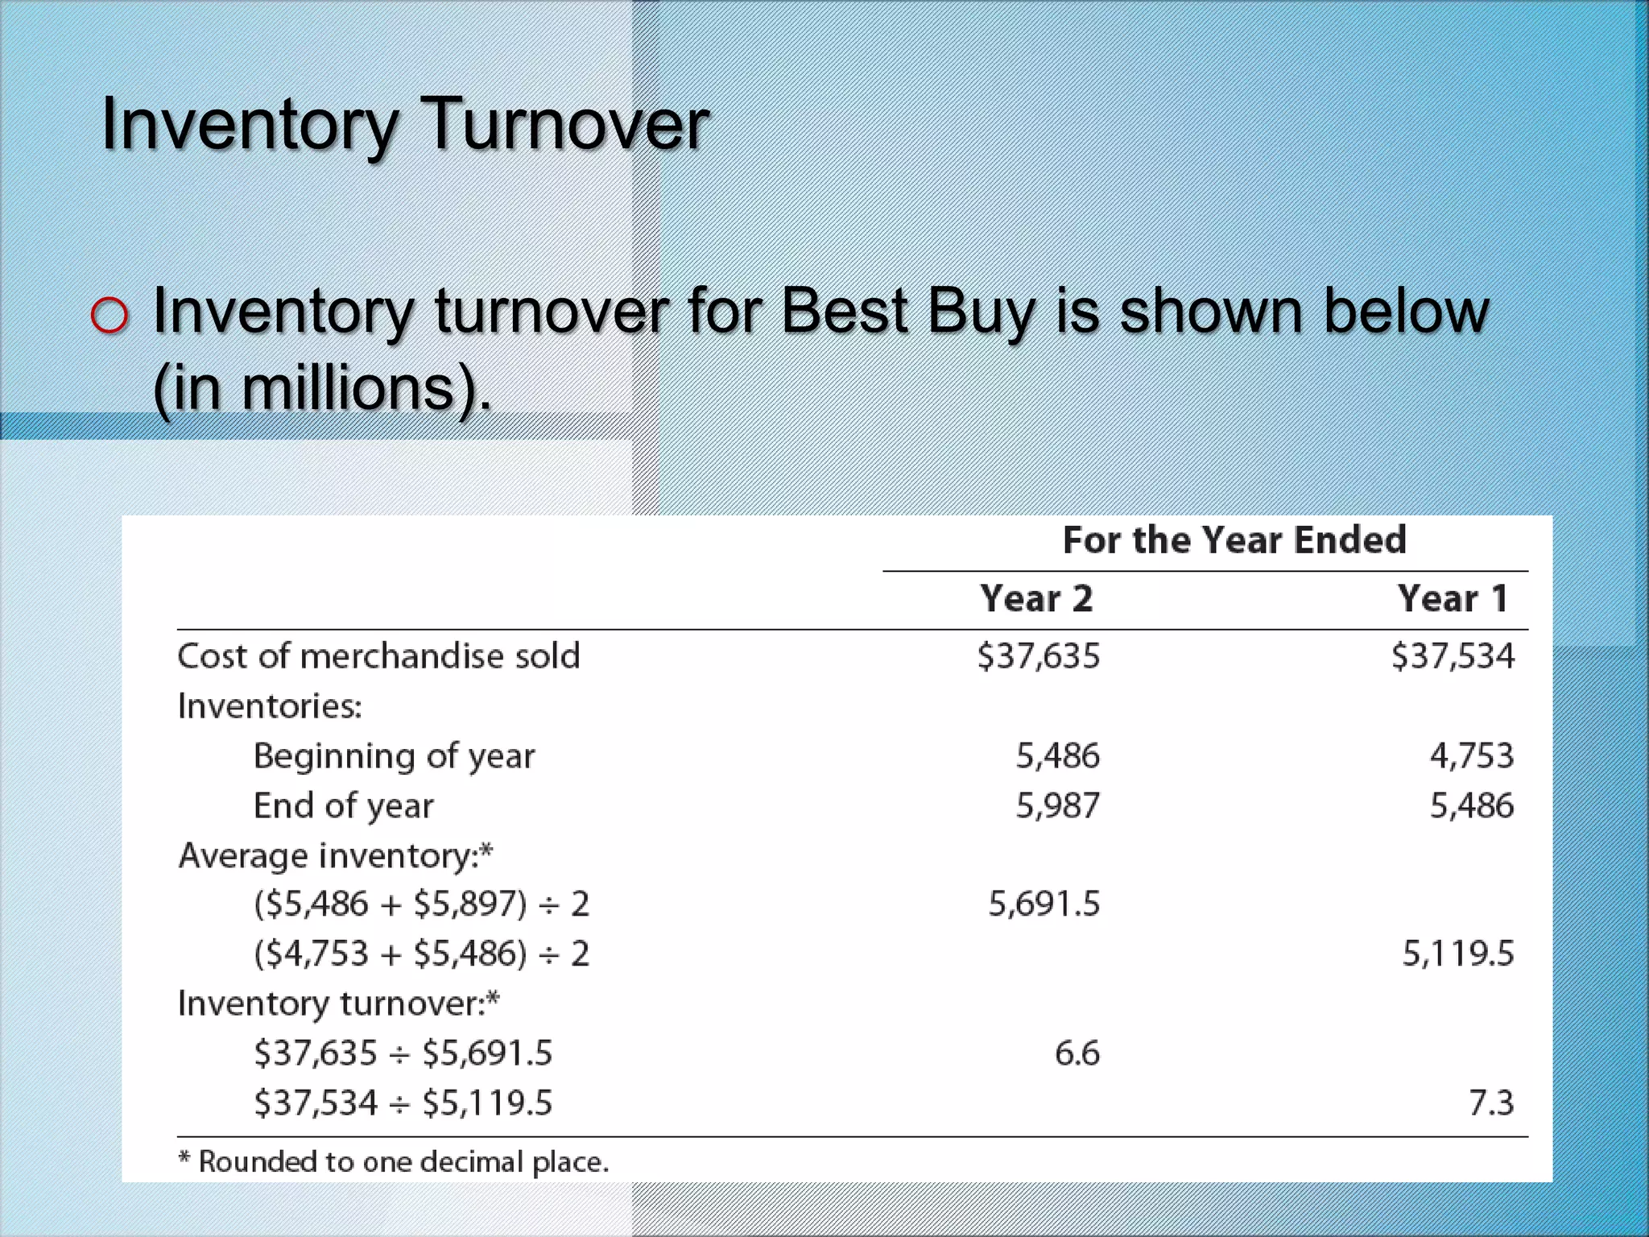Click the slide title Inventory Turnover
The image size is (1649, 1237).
click(x=404, y=125)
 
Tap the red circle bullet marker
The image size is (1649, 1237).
click(x=110, y=315)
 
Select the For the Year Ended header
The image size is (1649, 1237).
click(x=1234, y=540)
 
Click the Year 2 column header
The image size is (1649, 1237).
click(x=1036, y=599)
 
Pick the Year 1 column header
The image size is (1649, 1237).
click(x=1452, y=599)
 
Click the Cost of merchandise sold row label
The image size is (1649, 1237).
click(x=378, y=656)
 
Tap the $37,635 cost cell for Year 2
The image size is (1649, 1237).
click(x=1038, y=656)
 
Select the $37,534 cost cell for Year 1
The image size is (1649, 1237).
click(x=1453, y=656)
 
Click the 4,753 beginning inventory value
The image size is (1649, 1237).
click(x=1471, y=756)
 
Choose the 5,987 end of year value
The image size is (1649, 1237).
click(x=1057, y=806)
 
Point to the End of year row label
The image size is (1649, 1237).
click(x=344, y=806)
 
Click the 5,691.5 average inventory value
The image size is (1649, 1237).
click(x=1044, y=904)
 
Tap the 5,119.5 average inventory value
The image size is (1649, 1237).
click(x=1457, y=954)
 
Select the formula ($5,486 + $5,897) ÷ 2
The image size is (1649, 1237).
click(x=422, y=904)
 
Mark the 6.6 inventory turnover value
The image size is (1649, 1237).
click(x=1077, y=1053)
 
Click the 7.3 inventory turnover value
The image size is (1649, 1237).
click(x=1491, y=1103)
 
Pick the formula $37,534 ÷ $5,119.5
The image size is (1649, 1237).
click(x=403, y=1103)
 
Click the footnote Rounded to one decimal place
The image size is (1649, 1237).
click(x=394, y=1162)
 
